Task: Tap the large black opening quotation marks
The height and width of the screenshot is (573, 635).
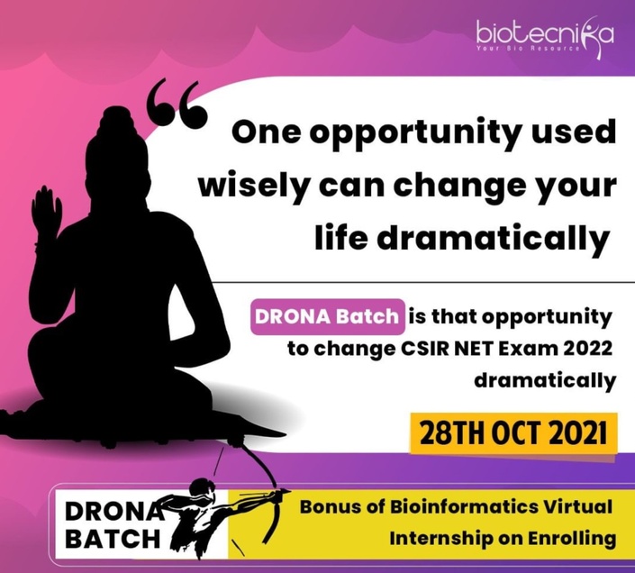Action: [177, 104]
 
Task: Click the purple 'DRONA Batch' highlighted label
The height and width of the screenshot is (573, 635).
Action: [327, 316]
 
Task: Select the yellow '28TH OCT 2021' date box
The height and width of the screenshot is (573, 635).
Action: [513, 433]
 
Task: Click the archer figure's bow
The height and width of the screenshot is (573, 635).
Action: [268, 495]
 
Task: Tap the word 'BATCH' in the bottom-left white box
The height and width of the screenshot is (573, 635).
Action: [113, 539]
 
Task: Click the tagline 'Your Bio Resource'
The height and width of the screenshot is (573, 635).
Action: [528, 48]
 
